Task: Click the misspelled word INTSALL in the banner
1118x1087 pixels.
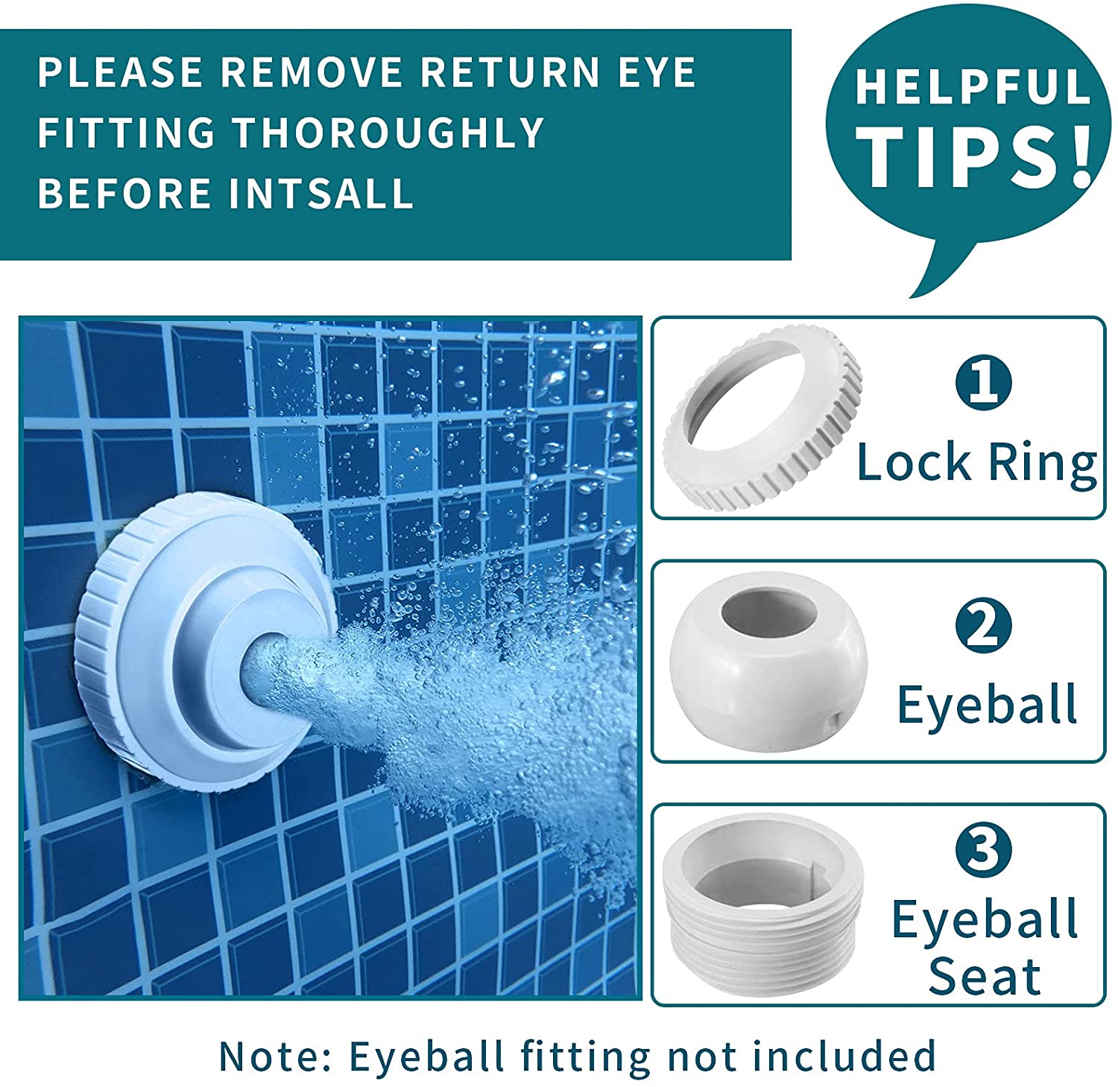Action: [321, 193]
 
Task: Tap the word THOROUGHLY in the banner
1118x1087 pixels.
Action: [388, 133]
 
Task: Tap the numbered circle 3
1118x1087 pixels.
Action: [984, 849]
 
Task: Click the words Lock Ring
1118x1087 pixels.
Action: [977, 463]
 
